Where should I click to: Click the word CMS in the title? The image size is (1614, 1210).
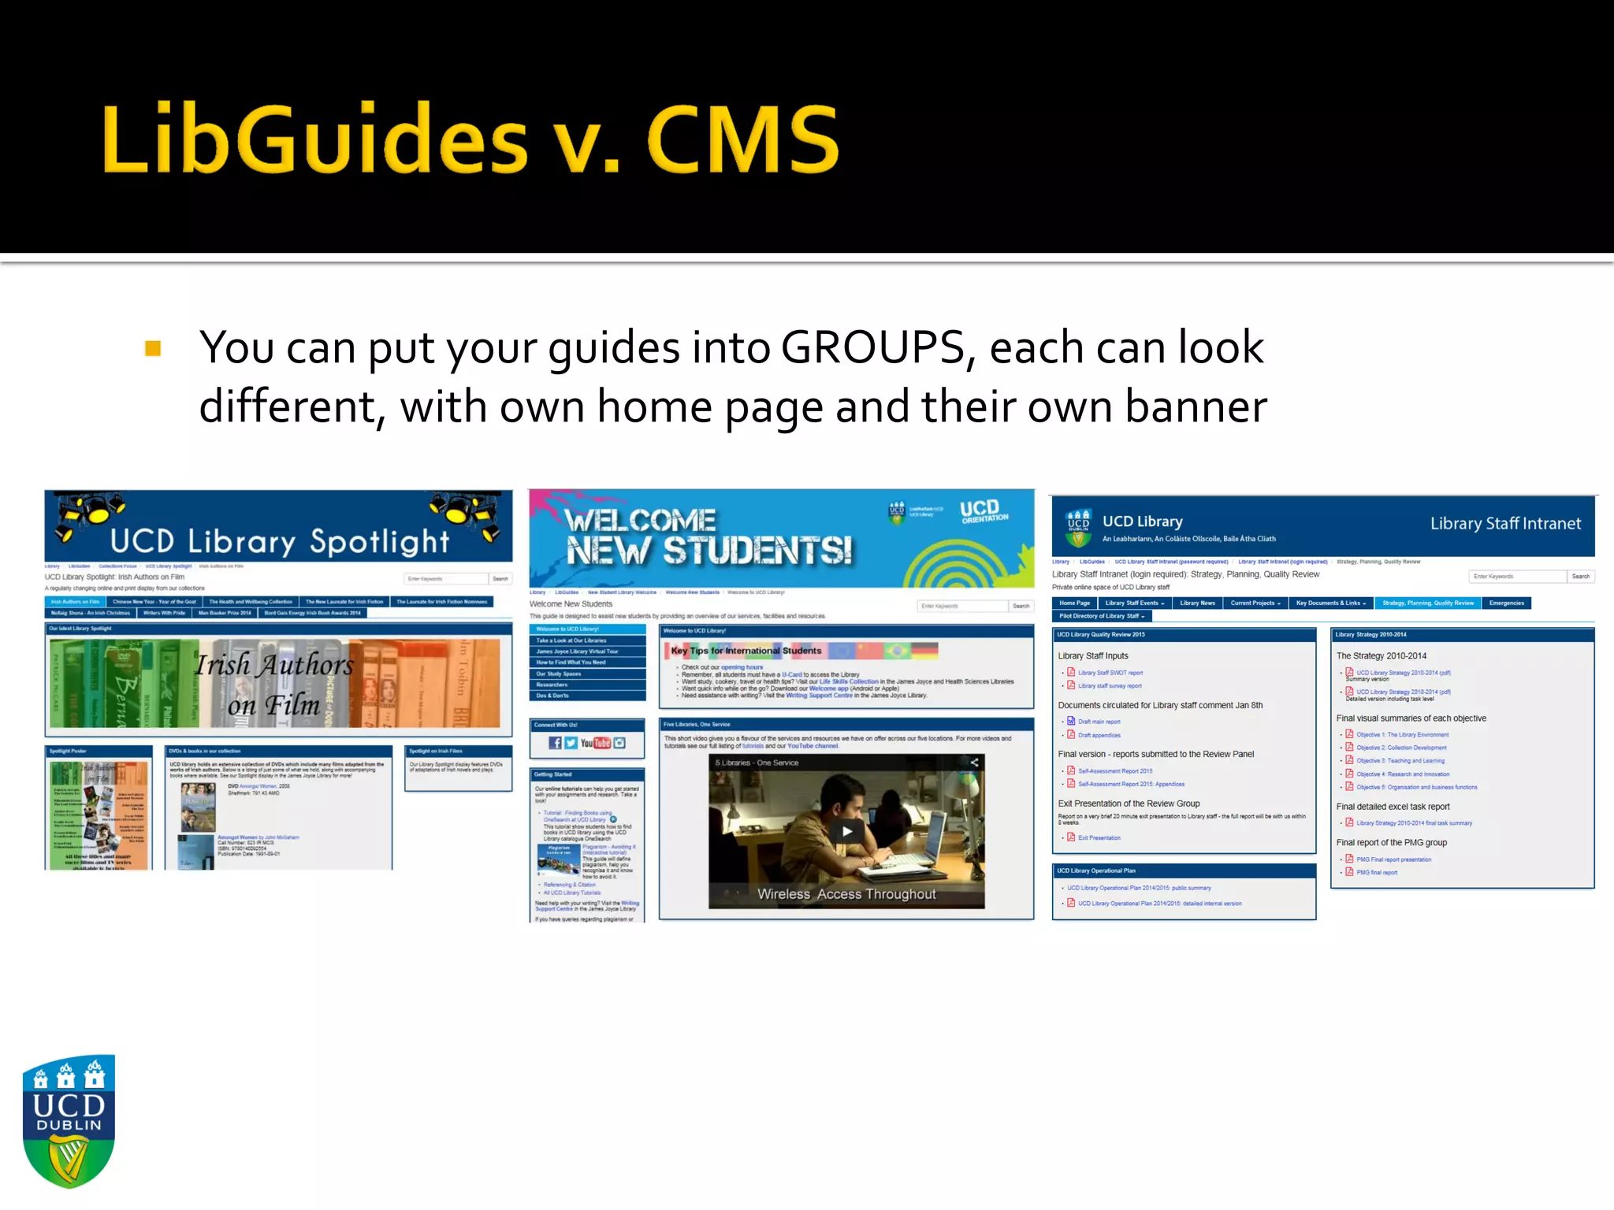pos(743,140)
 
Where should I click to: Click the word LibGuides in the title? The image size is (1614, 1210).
pos(314,140)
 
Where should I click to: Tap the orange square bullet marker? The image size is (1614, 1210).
pos(153,348)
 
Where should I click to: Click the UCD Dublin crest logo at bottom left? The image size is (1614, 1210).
pos(69,1121)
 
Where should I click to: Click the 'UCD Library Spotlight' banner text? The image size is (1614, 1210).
pos(279,541)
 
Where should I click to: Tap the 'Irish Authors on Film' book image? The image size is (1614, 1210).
pos(275,683)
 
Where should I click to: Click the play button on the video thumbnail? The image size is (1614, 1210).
pos(846,830)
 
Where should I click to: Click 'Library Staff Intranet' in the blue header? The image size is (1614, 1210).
pos(1505,524)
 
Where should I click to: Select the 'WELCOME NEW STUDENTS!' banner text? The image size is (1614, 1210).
pos(708,536)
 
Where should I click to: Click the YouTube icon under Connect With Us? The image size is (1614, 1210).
pos(595,743)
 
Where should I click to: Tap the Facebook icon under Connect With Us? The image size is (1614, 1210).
pos(555,743)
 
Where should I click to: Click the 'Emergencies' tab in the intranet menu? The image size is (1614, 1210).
pos(1506,603)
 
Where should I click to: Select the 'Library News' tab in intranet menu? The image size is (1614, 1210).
pos(1197,603)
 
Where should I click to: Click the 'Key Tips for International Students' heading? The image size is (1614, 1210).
pos(746,651)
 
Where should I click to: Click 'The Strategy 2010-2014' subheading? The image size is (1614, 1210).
pos(1381,655)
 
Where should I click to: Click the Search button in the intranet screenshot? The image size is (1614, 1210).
pos(1580,577)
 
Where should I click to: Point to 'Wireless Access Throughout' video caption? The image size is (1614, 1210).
pos(846,894)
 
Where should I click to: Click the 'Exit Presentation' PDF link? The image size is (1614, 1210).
pos(1099,838)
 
